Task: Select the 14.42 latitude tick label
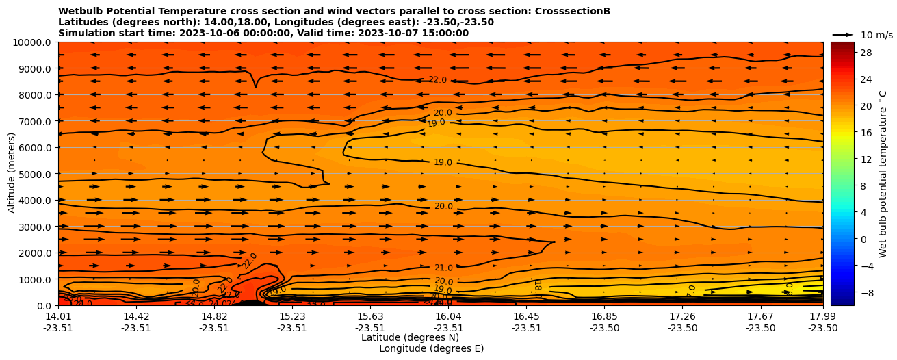[x=136, y=316]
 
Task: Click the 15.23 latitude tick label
[x=292, y=316]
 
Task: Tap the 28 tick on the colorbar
[x=865, y=53]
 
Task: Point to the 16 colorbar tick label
[x=865, y=133]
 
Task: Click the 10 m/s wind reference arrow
[x=843, y=34]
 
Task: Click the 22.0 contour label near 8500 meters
[x=437, y=80]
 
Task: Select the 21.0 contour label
[x=443, y=268]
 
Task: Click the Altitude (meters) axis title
[x=12, y=173]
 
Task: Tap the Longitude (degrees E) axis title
[x=431, y=348]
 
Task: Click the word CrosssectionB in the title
[x=575, y=11]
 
